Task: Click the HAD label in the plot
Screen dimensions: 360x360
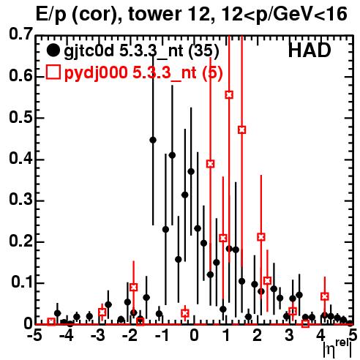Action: pyautogui.click(x=310, y=50)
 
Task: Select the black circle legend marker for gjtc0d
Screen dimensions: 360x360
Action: pyautogui.click(x=53, y=50)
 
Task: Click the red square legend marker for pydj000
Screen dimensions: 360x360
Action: pyautogui.click(x=53, y=72)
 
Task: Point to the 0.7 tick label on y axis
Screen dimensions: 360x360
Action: pyautogui.click(x=20, y=34)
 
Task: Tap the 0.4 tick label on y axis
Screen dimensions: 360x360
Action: pyautogui.click(x=20, y=159)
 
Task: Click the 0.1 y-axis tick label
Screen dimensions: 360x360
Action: pyautogui.click(x=21, y=282)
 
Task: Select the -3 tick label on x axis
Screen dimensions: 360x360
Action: pyautogui.click(x=98, y=336)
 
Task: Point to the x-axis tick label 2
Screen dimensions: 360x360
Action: pyautogui.click(x=258, y=336)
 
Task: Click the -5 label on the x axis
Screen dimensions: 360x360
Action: pyautogui.click(x=35, y=336)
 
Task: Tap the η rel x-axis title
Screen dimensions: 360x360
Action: pyautogui.click(x=337, y=348)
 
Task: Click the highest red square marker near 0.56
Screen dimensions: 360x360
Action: pyautogui.click(x=229, y=94)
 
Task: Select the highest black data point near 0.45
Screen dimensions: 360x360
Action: pyautogui.click(x=153, y=140)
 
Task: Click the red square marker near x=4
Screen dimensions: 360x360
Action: pyautogui.click(x=325, y=296)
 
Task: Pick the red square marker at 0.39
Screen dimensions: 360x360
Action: pyautogui.click(x=211, y=164)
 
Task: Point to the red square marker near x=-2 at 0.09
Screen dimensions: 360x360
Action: pyautogui.click(x=133, y=288)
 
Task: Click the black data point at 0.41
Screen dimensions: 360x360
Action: pyautogui.click(x=172, y=155)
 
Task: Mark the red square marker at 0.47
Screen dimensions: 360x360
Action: pyautogui.click(x=241, y=130)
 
